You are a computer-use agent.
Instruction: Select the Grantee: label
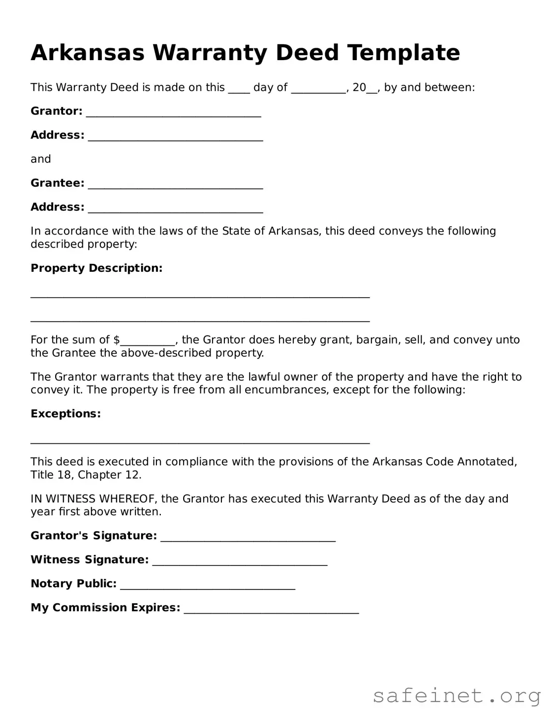click(x=57, y=183)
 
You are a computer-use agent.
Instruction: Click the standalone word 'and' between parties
click(x=41, y=160)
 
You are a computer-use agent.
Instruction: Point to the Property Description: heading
click(x=96, y=268)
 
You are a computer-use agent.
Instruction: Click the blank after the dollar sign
click(x=147, y=342)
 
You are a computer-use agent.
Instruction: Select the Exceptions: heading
click(x=66, y=414)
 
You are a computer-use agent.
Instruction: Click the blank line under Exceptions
click(x=200, y=441)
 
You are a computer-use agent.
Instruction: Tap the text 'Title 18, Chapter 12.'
click(x=86, y=475)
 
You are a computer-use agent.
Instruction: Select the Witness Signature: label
click(x=89, y=560)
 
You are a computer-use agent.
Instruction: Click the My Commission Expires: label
click(x=105, y=608)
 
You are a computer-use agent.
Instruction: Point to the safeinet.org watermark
click(x=456, y=696)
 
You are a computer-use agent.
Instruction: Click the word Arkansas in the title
click(x=87, y=53)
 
